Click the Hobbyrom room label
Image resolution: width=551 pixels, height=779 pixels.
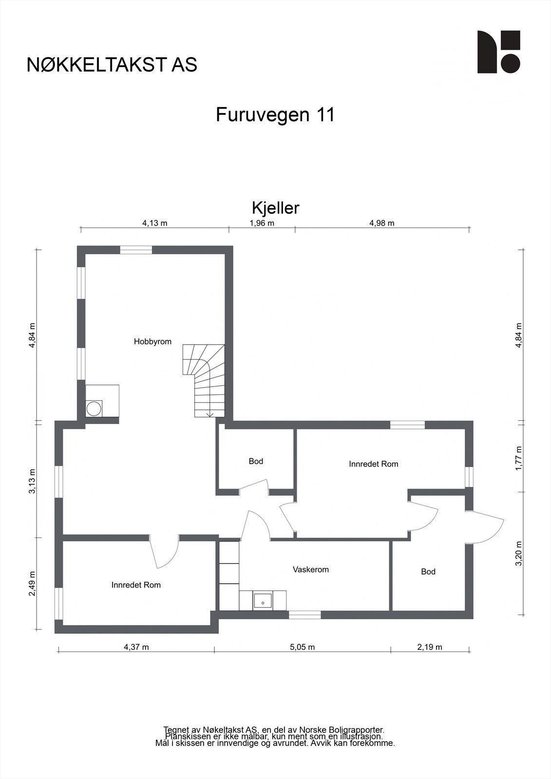pos(152,342)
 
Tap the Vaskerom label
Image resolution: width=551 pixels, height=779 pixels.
pos(310,570)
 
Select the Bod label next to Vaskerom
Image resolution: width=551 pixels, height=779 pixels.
pos(428,572)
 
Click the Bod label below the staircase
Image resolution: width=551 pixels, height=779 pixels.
pos(256,461)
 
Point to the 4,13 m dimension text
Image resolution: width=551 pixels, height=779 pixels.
pos(154,223)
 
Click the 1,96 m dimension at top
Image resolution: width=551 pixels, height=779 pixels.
pos(262,223)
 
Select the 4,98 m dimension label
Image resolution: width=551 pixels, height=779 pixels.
pos(381,223)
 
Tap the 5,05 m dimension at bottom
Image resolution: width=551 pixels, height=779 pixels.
pos(302,647)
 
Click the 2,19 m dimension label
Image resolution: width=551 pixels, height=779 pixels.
pos(430,647)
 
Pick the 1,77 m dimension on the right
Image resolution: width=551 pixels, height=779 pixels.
pos(519,458)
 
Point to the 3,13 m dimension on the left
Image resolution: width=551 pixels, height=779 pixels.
pos(32,481)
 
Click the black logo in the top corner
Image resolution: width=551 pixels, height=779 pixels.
pos(498,52)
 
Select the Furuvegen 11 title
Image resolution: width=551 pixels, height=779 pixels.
pos(275,115)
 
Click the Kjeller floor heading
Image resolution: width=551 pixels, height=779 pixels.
pos(275,208)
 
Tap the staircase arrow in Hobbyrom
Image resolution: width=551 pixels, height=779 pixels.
pos(210,413)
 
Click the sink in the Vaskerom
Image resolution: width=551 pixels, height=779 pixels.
pos(263,600)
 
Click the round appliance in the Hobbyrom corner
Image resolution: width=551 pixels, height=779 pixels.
pos(94,408)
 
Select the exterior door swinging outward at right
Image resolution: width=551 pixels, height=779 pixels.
pos(487,528)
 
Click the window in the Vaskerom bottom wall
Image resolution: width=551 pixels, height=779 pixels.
pos(304,615)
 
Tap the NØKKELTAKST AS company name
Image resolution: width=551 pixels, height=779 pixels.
pos(112,65)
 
